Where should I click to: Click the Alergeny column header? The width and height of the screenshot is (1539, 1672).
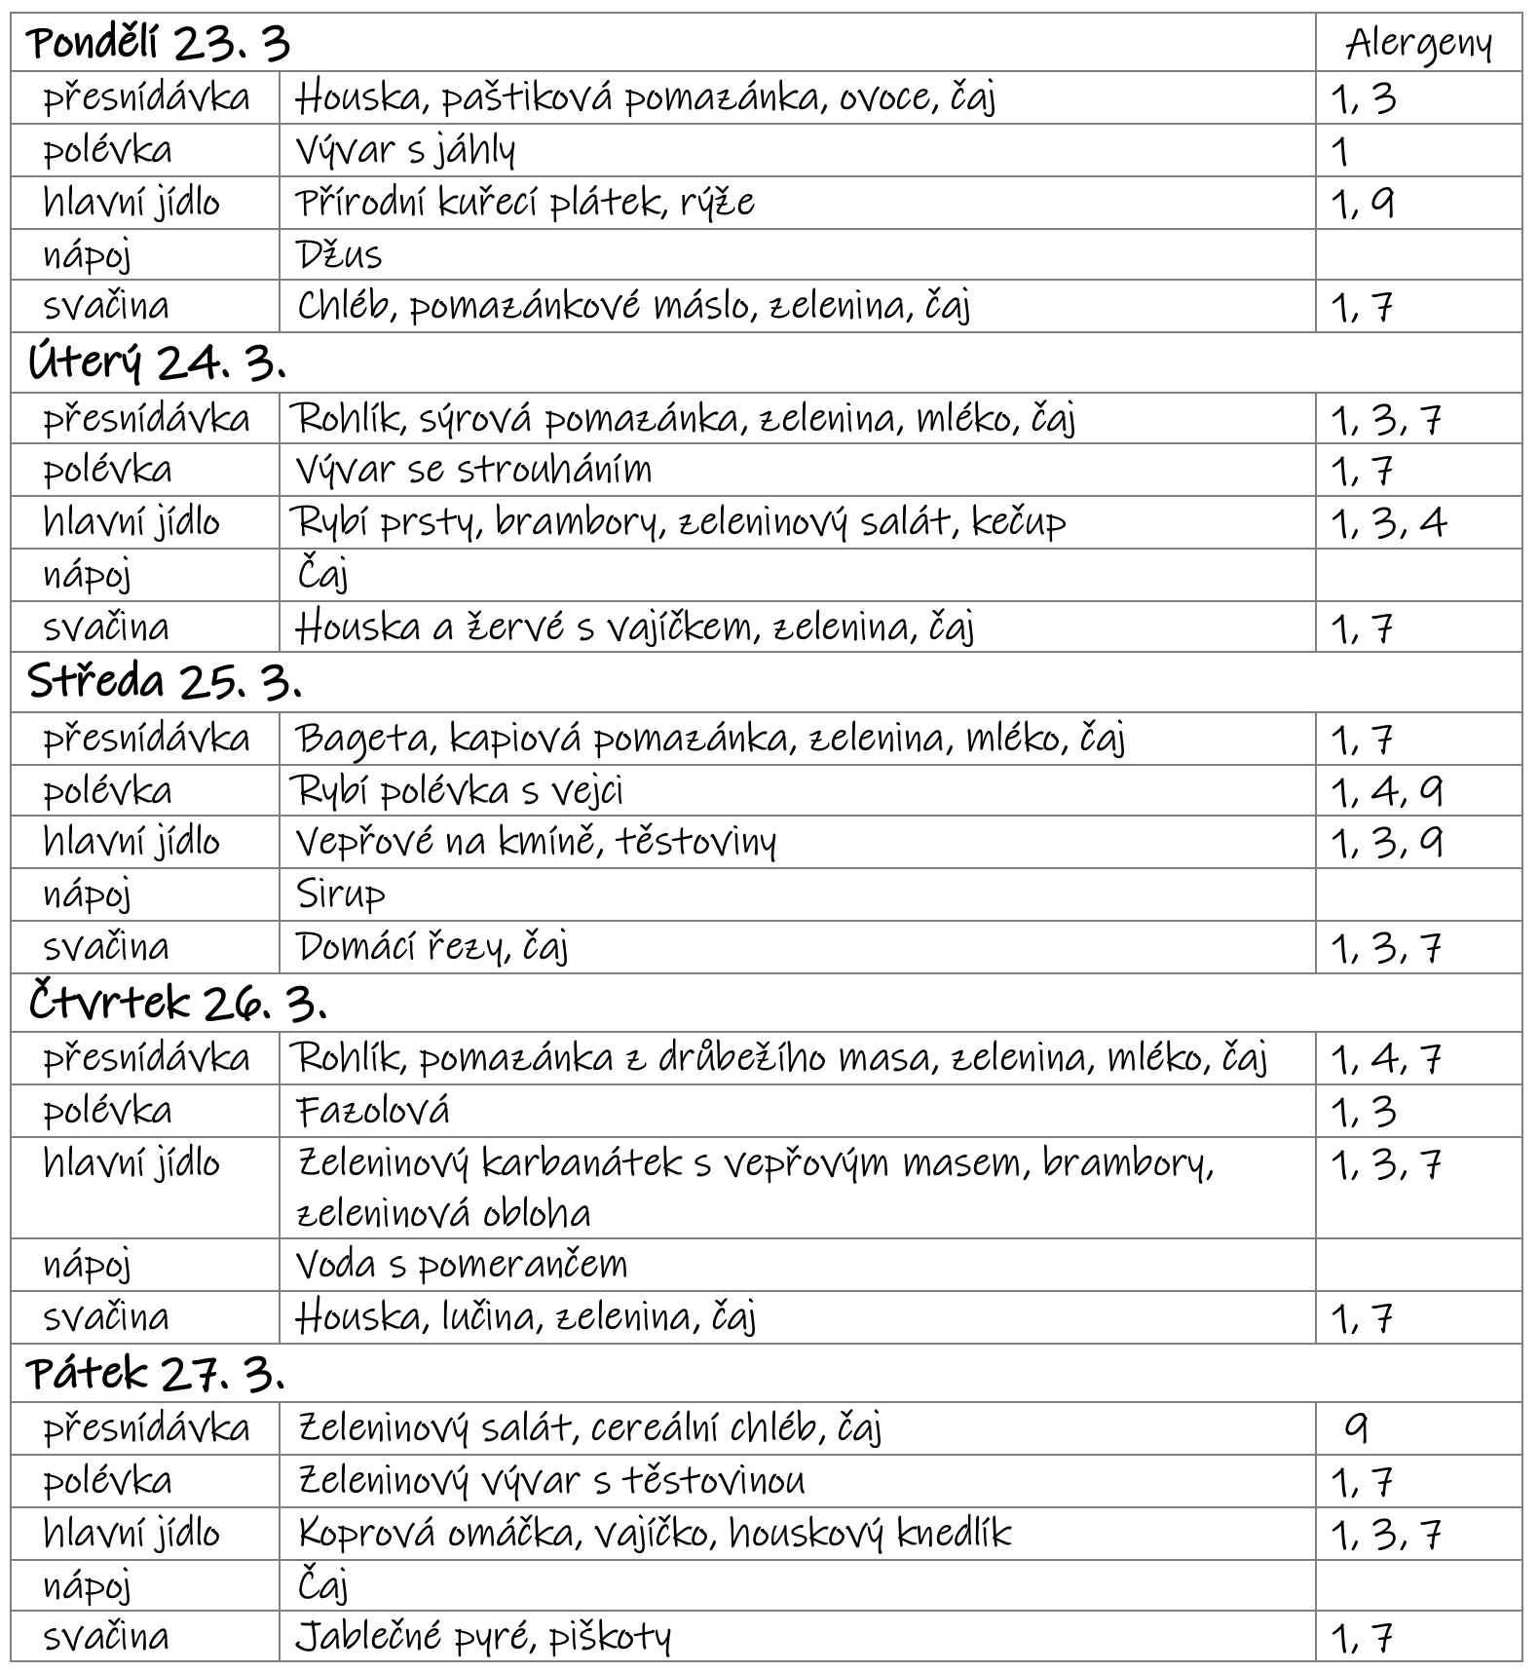tap(1418, 45)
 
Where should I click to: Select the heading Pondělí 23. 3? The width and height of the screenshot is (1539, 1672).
tap(159, 45)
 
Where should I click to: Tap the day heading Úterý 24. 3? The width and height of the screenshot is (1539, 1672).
tap(157, 363)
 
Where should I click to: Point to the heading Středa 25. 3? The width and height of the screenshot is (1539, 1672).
tap(165, 682)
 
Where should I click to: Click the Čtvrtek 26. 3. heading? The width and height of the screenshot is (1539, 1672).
tap(177, 1002)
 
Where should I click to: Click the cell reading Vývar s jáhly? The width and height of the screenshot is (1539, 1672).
tap(405, 150)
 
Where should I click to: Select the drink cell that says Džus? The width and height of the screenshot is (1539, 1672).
tap(339, 255)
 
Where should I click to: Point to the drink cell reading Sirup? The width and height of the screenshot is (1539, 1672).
tap(341, 894)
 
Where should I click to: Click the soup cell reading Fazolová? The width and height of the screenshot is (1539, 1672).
tap(373, 1111)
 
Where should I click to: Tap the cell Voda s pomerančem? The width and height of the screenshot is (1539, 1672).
tap(462, 1265)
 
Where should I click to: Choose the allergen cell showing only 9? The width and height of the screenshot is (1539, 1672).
tap(1356, 1428)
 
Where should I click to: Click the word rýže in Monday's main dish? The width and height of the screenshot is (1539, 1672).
tap(719, 203)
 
